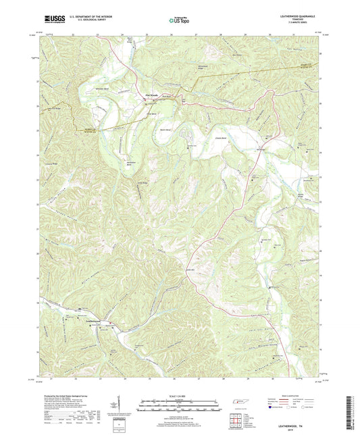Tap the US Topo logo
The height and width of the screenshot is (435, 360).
pyautogui.click(x=176, y=20)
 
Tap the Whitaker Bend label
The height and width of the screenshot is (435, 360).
pyautogui.click(x=103, y=88)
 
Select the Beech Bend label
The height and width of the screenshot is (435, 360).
pyautogui.click(x=165, y=130)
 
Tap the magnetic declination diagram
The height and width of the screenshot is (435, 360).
pyautogui.click(x=118, y=405)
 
